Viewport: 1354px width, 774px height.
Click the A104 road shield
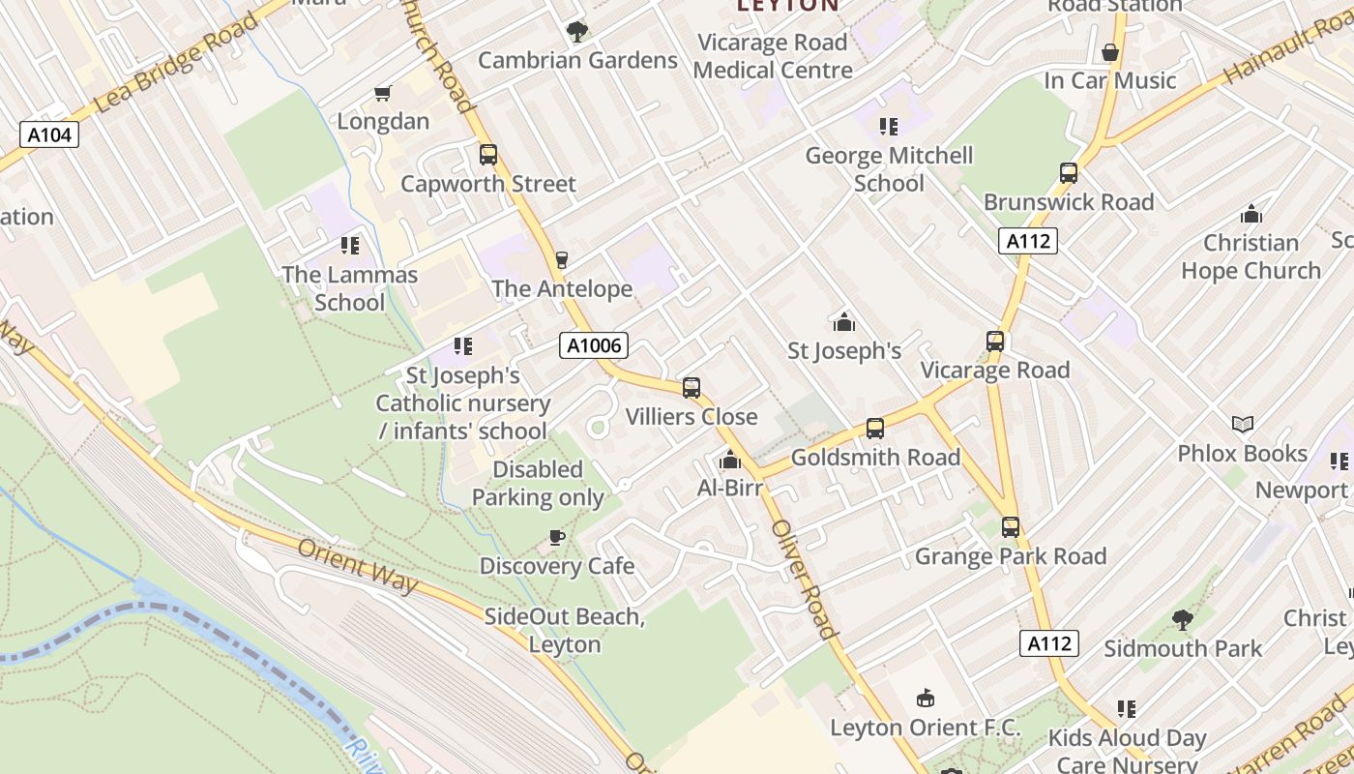point(49,134)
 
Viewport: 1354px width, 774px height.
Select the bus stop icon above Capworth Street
point(488,155)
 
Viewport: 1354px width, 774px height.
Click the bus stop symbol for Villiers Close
point(692,388)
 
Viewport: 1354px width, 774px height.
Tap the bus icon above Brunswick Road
point(1069,173)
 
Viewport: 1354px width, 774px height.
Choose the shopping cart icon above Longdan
point(383,94)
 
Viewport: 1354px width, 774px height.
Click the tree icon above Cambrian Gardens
point(577,32)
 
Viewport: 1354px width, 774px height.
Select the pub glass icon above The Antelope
point(561,259)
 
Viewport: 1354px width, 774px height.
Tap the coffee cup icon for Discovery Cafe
point(557,537)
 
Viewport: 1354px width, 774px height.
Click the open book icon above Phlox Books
point(1243,424)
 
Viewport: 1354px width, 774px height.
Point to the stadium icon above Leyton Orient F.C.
point(926,698)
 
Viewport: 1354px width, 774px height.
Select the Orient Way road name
point(358,566)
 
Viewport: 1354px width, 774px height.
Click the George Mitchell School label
point(889,169)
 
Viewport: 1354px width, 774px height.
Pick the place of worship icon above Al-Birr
point(730,460)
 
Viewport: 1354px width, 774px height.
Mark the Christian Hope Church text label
point(1251,256)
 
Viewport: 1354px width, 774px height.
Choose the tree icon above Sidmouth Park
point(1182,619)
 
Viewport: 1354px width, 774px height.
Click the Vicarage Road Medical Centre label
point(773,56)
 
